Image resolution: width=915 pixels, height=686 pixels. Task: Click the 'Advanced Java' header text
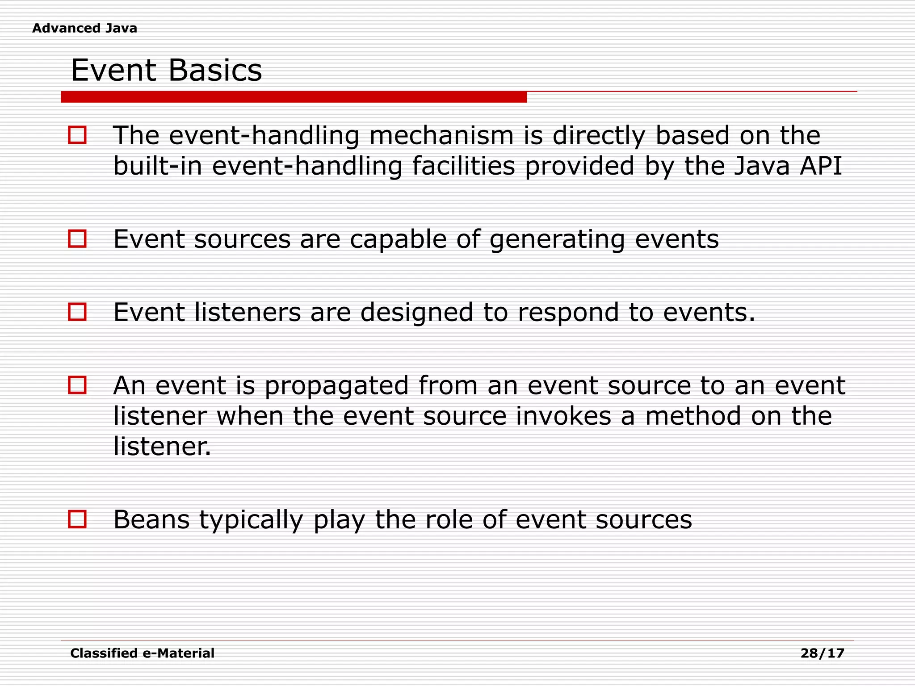pos(84,28)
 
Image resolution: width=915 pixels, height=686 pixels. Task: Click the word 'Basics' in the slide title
pos(215,71)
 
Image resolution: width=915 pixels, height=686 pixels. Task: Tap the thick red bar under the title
pos(294,97)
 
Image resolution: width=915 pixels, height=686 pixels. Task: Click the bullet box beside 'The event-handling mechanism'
pos(77,135)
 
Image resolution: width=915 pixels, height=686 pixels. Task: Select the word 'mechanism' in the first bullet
pos(441,136)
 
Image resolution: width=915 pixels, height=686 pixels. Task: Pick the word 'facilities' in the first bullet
pos(463,166)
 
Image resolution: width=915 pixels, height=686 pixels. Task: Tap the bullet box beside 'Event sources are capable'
pos(77,238)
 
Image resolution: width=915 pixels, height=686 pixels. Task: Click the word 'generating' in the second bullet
pos(557,239)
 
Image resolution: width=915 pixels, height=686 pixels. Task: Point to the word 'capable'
pos(398,239)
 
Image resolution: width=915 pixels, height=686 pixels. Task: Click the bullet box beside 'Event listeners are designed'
pos(77,312)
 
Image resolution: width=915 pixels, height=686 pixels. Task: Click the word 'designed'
pos(416,312)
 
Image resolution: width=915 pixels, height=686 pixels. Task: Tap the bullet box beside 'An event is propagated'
pos(77,385)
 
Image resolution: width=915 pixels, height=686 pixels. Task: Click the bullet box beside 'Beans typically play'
pos(77,519)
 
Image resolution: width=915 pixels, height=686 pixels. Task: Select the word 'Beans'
pos(151,519)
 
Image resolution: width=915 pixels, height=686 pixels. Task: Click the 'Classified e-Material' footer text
pos(142,653)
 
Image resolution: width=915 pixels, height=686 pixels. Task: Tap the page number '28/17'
pos(822,653)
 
